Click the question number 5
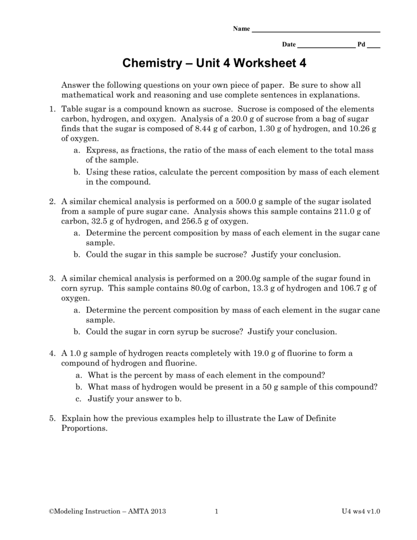tap(52, 419)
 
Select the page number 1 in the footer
tap(217, 511)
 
